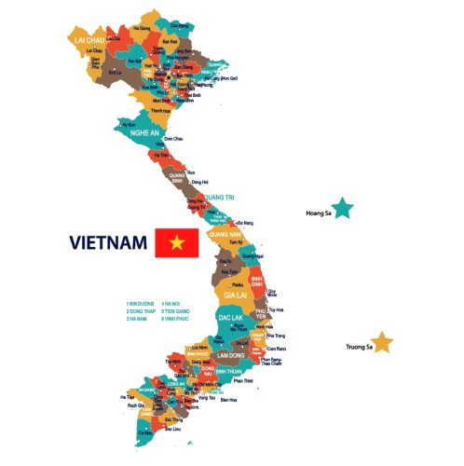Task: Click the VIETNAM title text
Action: [108, 243]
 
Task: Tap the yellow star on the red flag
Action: [176, 243]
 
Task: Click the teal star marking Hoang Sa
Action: [344, 208]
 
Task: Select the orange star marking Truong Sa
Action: [382, 342]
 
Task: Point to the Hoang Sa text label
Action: [318, 213]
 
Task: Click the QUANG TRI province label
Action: [220, 197]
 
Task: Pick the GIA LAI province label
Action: [234, 295]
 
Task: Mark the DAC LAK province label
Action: [231, 318]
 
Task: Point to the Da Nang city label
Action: [245, 223]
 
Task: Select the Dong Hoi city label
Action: [198, 182]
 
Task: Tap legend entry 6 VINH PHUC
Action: [175, 319]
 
